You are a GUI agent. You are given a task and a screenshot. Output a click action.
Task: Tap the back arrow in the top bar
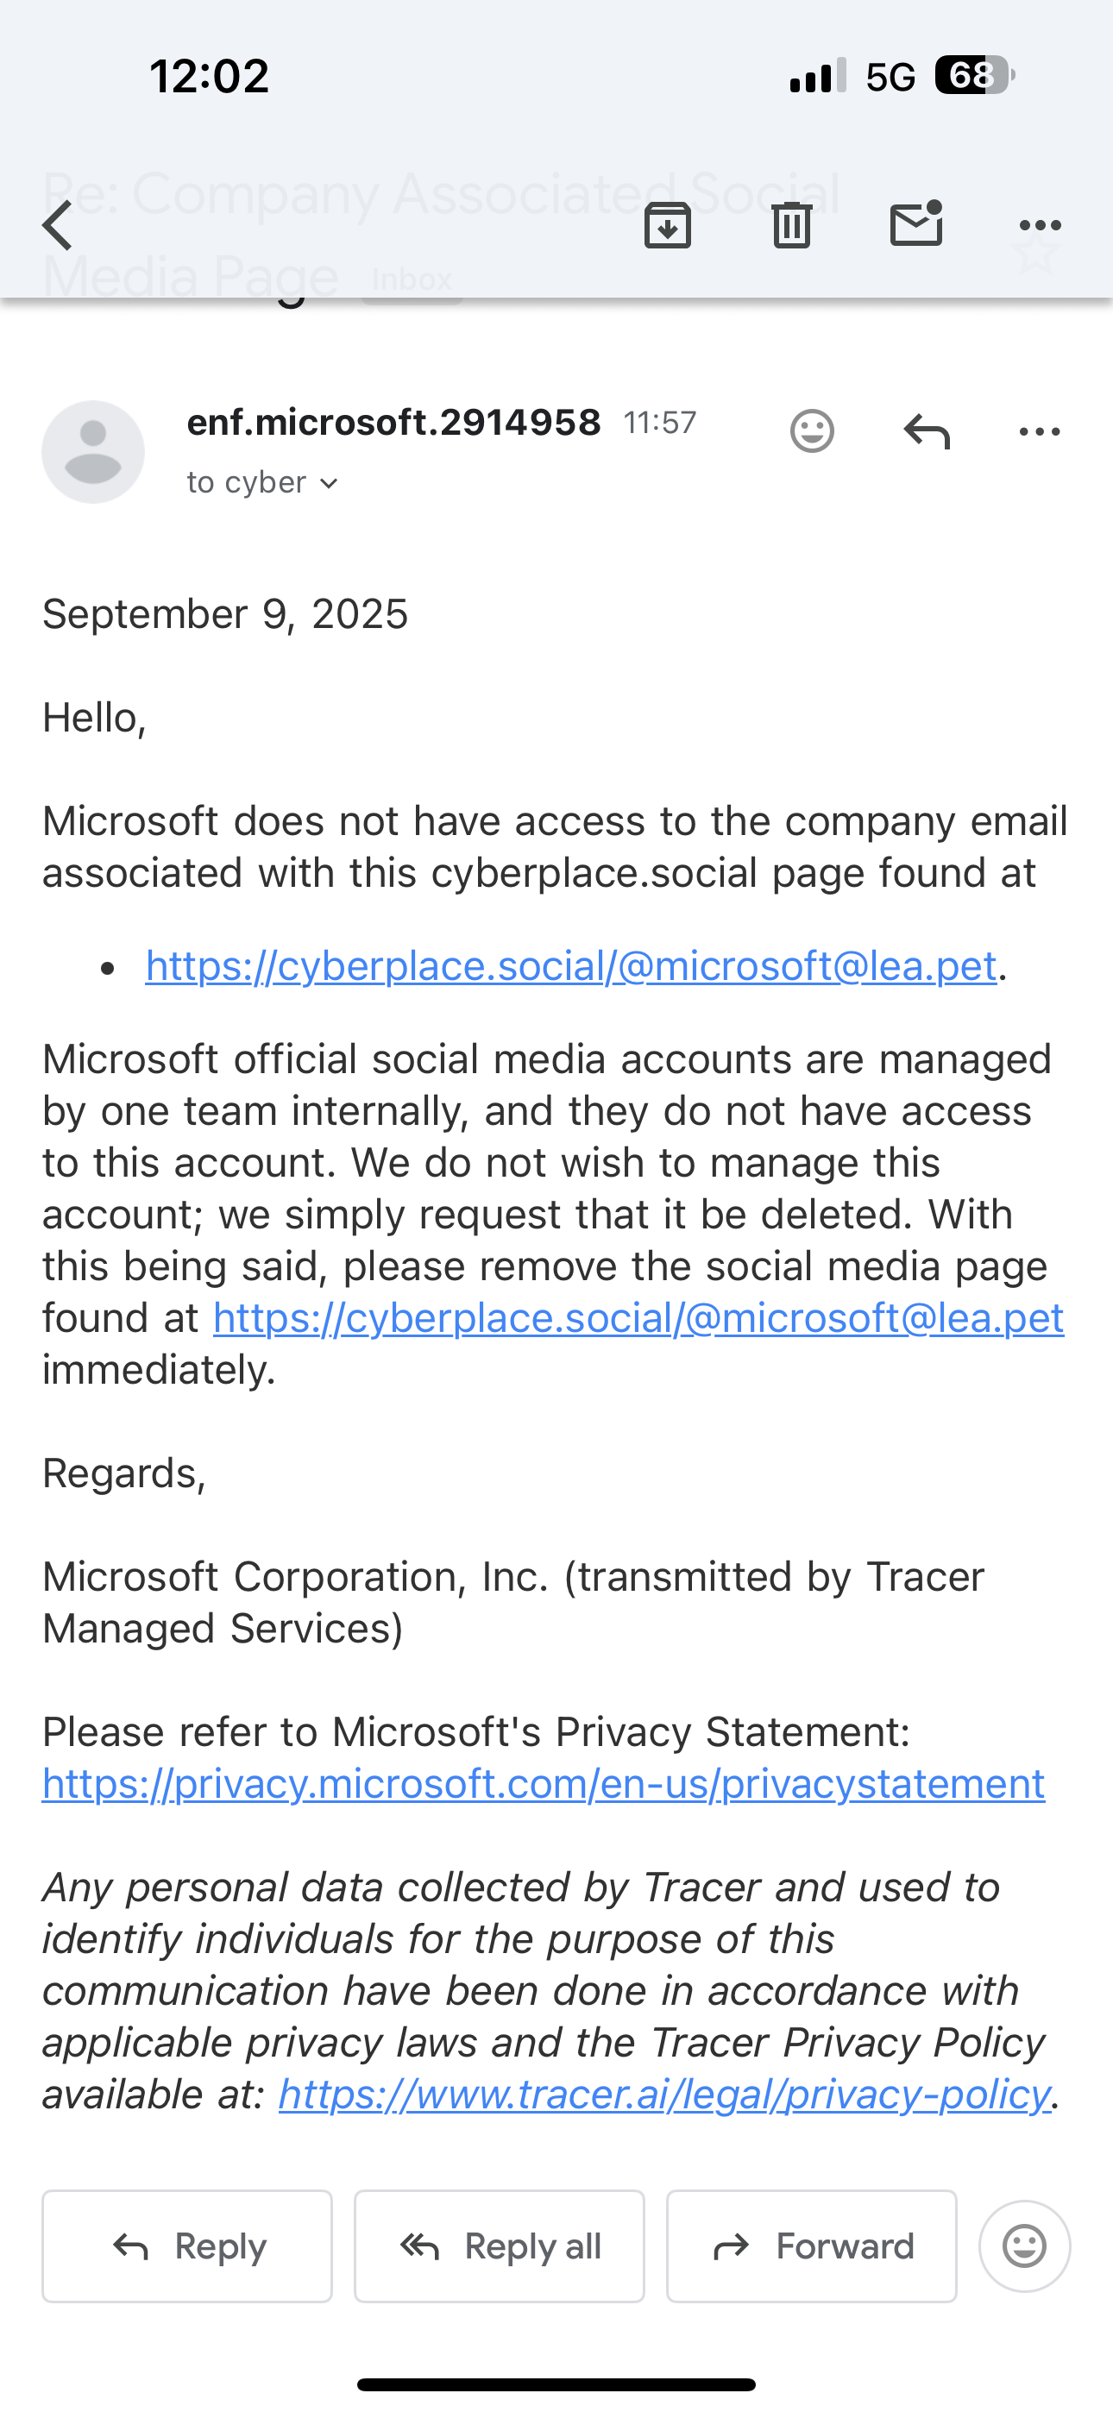(x=58, y=226)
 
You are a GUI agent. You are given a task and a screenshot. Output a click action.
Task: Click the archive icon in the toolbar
(x=667, y=226)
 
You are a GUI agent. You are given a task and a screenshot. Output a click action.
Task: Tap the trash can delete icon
(x=792, y=226)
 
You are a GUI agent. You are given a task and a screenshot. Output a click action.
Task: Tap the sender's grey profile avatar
(x=93, y=452)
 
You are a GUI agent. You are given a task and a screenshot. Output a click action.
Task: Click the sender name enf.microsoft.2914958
(x=393, y=424)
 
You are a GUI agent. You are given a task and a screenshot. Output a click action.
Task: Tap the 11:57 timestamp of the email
(x=661, y=424)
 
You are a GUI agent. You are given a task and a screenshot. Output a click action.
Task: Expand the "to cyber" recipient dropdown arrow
(x=329, y=483)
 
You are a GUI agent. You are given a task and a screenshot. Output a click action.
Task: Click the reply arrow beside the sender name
(x=927, y=431)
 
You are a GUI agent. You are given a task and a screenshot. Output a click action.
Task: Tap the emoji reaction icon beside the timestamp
(x=811, y=431)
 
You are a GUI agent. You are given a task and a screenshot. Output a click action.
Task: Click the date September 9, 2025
(x=225, y=615)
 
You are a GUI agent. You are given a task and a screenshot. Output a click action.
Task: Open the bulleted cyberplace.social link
(x=570, y=966)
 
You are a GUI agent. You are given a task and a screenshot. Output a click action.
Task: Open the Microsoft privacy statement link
(x=544, y=1784)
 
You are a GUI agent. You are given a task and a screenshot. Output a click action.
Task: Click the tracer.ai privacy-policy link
(x=664, y=2095)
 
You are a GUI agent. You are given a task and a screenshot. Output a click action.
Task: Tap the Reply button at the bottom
(x=187, y=2246)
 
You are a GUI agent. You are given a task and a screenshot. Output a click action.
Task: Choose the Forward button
(x=811, y=2246)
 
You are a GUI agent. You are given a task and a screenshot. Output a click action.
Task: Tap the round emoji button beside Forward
(x=1024, y=2246)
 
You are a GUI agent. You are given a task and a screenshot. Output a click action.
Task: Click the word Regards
(x=123, y=1473)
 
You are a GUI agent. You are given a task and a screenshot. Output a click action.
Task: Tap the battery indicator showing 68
(x=972, y=76)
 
